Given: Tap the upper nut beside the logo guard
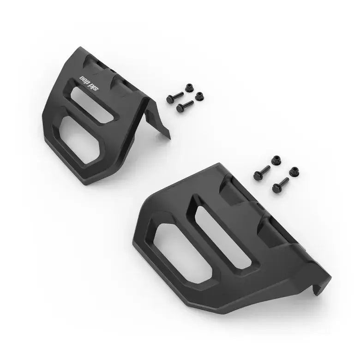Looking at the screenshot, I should [x=189, y=88].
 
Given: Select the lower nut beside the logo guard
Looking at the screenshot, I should [x=199, y=96].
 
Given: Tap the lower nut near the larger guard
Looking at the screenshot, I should [x=294, y=171].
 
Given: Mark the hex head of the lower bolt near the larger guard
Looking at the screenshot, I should [x=276, y=188].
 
